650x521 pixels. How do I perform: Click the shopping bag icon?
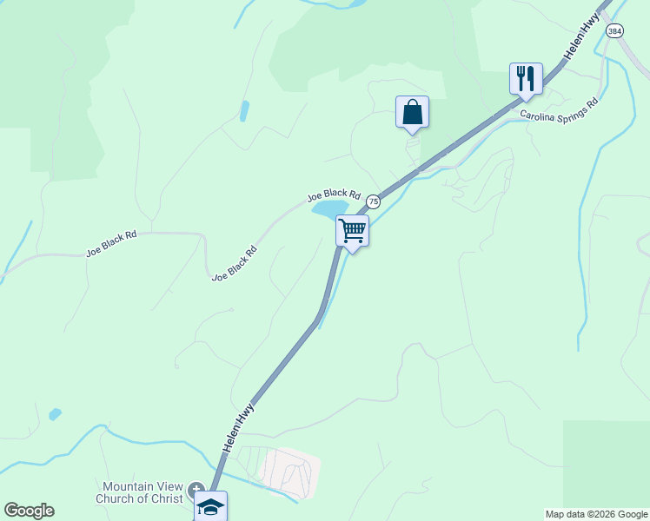pyautogui.click(x=412, y=113)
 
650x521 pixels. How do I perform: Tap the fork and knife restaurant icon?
pyautogui.click(x=526, y=79)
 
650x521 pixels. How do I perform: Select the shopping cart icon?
pyautogui.click(x=352, y=231)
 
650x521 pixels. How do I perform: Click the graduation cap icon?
pyautogui.click(x=210, y=507)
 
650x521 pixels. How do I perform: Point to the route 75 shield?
pyautogui.click(x=373, y=201)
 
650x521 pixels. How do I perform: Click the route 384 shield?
pyautogui.click(x=615, y=31)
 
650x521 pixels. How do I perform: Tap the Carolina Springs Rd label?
pyautogui.click(x=560, y=108)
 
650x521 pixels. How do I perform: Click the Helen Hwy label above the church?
pyautogui.click(x=238, y=425)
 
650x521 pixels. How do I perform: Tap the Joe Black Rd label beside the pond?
pyautogui.click(x=334, y=195)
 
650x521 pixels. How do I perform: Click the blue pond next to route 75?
pyautogui.click(x=330, y=208)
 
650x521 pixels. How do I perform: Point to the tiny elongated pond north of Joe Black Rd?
pyautogui.click(x=244, y=111)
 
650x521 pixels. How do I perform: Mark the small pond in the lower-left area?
pyautogui.click(x=56, y=414)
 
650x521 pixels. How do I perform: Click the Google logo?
pyautogui.click(x=29, y=511)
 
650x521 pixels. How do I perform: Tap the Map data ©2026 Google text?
pyautogui.click(x=596, y=514)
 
